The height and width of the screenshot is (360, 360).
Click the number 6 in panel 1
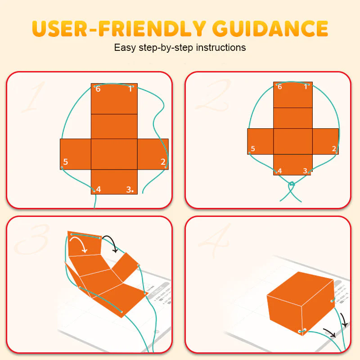click(98, 89)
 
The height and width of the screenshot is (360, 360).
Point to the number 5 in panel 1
click(66, 162)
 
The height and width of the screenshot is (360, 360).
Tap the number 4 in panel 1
click(99, 189)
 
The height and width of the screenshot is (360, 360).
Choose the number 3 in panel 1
click(130, 189)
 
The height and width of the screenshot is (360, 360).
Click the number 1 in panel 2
click(306, 86)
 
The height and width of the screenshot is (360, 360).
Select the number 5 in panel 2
click(253, 149)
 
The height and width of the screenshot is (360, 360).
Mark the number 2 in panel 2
click(334, 148)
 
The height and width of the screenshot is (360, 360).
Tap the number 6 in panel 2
click(280, 86)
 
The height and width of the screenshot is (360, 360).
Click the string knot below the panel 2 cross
click(292, 184)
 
